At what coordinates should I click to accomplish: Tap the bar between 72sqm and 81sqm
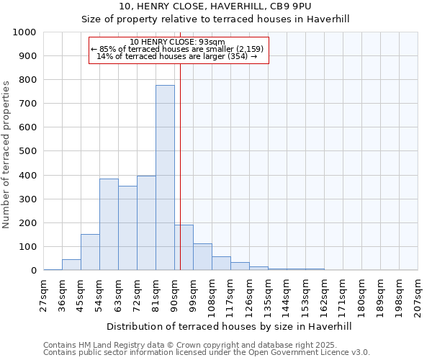click(146, 223)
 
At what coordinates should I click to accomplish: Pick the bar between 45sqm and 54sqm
click(90, 252)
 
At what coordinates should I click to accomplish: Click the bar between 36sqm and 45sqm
click(71, 265)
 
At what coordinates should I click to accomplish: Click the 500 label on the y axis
click(28, 152)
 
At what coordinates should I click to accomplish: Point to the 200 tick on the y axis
click(28, 223)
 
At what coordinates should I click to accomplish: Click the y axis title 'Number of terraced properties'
click(7, 155)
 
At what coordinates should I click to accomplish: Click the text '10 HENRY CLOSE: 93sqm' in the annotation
click(178, 42)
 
